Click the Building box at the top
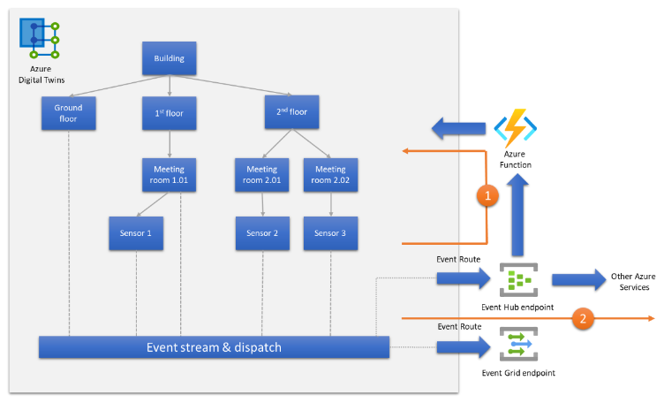pyautogui.click(x=169, y=59)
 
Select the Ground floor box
pyautogui.click(x=68, y=113)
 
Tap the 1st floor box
pyautogui.click(x=169, y=113)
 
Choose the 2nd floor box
pyautogui.click(x=291, y=112)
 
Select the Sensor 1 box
pyautogui.click(x=136, y=233)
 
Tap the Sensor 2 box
pyautogui.click(x=262, y=233)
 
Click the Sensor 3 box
pyautogui.click(x=330, y=233)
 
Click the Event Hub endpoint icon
pyautogui.click(x=516, y=280)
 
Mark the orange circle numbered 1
pyautogui.click(x=487, y=197)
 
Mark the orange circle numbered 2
pyautogui.click(x=583, y=316)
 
